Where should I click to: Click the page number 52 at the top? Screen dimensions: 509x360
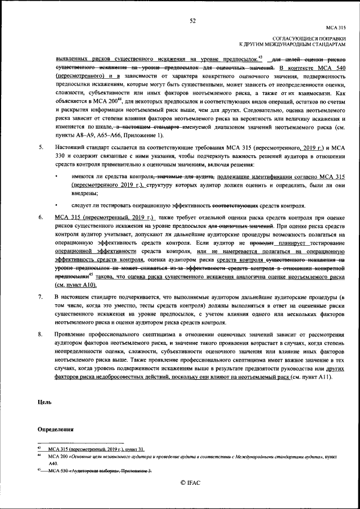(x=192, y=21)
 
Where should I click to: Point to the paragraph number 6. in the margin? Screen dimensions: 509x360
(x=40, y=216)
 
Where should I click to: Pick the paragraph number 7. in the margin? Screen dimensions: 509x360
(x=40, y=295)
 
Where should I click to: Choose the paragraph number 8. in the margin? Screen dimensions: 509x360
(x=40, y=335)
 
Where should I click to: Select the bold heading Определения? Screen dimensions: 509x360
(x=55, y=429)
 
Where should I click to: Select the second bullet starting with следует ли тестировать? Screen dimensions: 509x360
(x=58, y=205)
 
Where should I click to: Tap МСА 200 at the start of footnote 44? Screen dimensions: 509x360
(x=59, y=456)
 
